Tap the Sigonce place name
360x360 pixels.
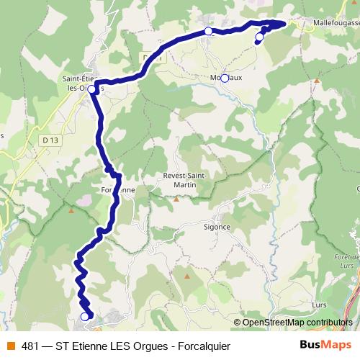point(216,226)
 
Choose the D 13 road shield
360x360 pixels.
point(50,140)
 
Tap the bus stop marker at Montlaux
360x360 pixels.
point(225,78)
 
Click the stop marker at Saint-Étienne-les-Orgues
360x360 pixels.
point(91,90)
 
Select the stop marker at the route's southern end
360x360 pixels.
point(84,316)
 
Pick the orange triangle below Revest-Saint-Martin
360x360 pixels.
point(176,199)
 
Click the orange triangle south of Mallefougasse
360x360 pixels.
point(316,81)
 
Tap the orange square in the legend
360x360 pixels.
point(12,346)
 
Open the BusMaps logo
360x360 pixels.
point(325,346)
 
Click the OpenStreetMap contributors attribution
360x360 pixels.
point(296,323)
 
